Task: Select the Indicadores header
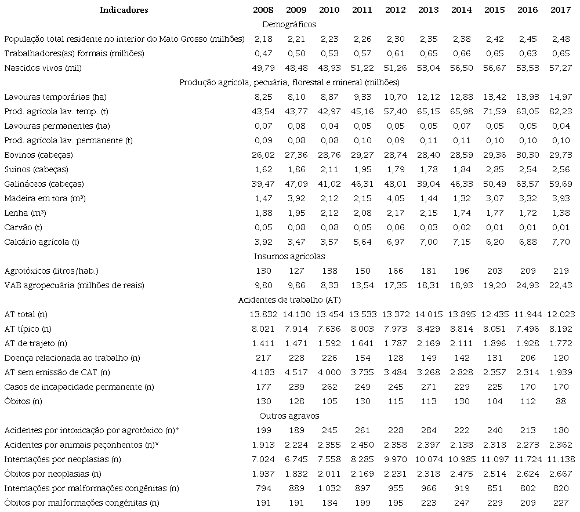tap(124, 10)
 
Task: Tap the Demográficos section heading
tap(289, 24)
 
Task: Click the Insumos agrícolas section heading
tap(289, 256)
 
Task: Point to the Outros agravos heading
tap(289, 416)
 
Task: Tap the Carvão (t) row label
tap(23, 227)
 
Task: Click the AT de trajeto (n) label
tap(35, 343)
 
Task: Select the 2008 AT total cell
tap(263, 314)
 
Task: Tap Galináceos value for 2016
tap(526, 184)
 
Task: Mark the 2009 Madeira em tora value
tap(296, 198)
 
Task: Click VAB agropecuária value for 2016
tap(526, 285)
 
